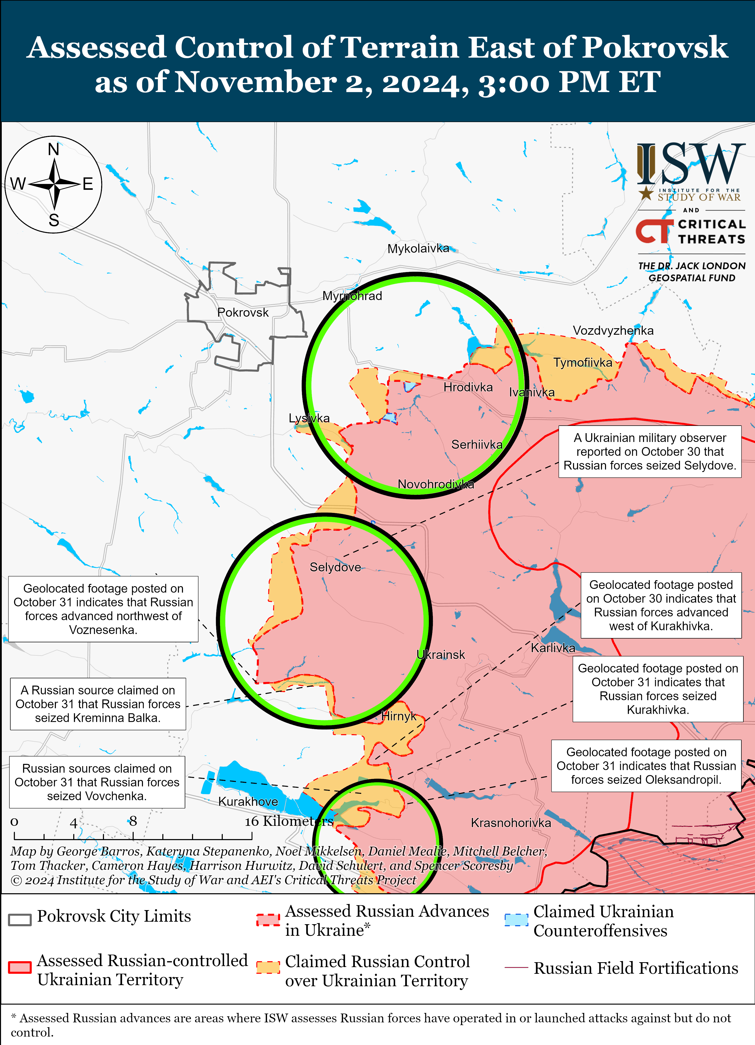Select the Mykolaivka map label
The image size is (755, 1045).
pos(418,249)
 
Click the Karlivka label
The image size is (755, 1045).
pos(553,648)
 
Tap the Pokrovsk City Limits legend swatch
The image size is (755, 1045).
pos(20,919)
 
